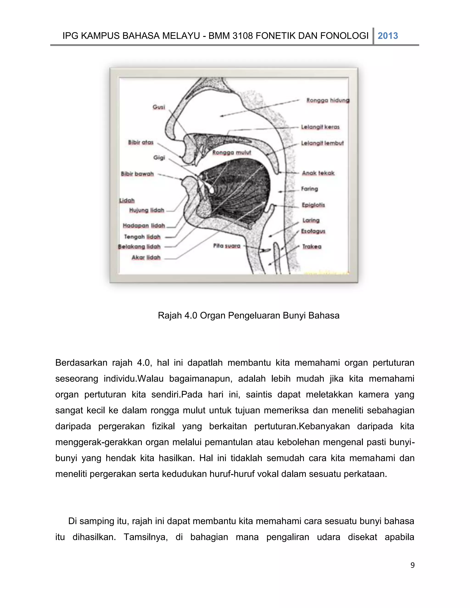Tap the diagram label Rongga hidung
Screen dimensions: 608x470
328,100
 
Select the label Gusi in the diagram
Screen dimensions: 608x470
159,107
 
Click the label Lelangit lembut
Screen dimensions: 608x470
322,143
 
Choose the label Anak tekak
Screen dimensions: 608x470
318,173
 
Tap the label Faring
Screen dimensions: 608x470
309,189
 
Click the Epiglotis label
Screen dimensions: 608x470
313,205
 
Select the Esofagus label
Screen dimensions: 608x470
313,231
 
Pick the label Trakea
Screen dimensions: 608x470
312,246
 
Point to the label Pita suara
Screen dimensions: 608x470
227,246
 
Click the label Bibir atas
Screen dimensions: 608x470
141,142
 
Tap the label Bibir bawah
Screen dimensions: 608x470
137,174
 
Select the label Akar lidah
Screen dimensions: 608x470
146,257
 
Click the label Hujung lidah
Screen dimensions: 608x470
146,210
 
